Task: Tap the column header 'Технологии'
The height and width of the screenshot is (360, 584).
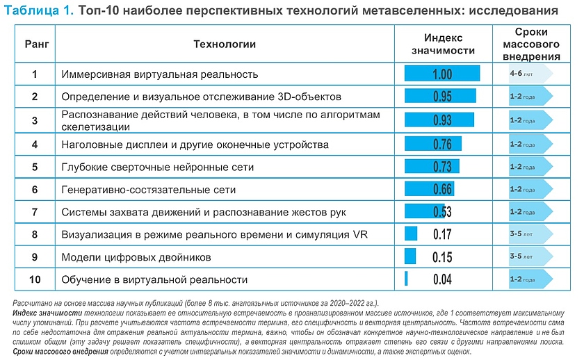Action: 225,44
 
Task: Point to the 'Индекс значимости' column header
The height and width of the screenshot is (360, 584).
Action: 443,44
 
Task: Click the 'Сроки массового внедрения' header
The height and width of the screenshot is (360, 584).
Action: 531,44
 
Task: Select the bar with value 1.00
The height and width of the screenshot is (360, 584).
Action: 442,74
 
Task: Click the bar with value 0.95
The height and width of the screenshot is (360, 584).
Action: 440,97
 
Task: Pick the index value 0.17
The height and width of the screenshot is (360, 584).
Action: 442,234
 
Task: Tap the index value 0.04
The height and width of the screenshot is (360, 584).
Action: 442,279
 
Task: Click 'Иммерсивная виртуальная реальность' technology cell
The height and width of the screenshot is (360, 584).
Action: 160,74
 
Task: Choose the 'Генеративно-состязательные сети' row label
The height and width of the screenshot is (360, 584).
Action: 149,190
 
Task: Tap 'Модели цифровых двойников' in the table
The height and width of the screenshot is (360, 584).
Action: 136,257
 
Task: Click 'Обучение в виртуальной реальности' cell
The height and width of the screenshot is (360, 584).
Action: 154,279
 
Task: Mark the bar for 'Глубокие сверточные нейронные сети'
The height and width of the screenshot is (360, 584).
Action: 432,167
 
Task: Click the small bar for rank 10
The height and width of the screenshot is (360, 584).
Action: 406,279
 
